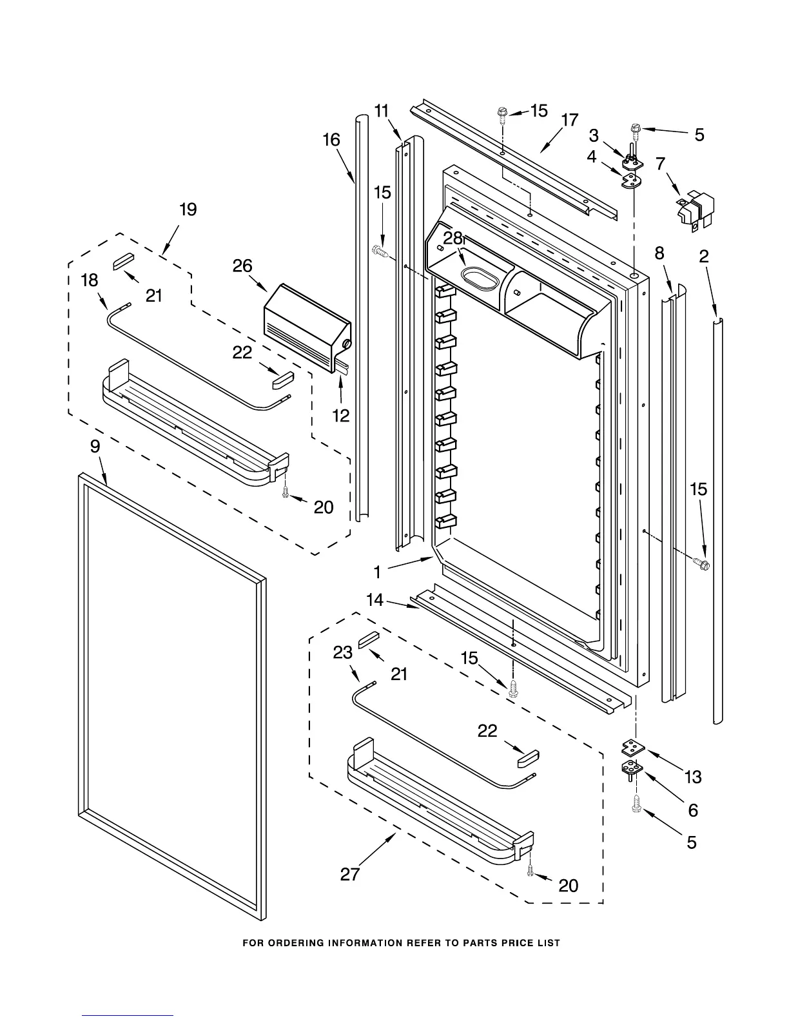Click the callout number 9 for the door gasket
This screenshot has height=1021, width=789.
pos(95,446)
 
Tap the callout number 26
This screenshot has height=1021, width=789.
pos(243,266)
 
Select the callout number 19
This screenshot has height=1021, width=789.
pos(188,209)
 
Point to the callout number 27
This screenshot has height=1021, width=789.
pos(350,874)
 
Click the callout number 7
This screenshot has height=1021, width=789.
pos(660,164)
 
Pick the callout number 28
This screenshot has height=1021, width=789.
pos(453,238)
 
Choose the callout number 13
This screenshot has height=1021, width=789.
pos(693,777)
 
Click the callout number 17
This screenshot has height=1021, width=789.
pos(570,121)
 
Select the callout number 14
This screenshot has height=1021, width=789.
pos(375,600)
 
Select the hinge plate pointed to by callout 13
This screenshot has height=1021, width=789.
pos(632,748)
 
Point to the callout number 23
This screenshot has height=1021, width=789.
pos(342,652)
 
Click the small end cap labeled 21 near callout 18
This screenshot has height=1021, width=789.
pos(122,260)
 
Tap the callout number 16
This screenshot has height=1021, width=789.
pos(331,139)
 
